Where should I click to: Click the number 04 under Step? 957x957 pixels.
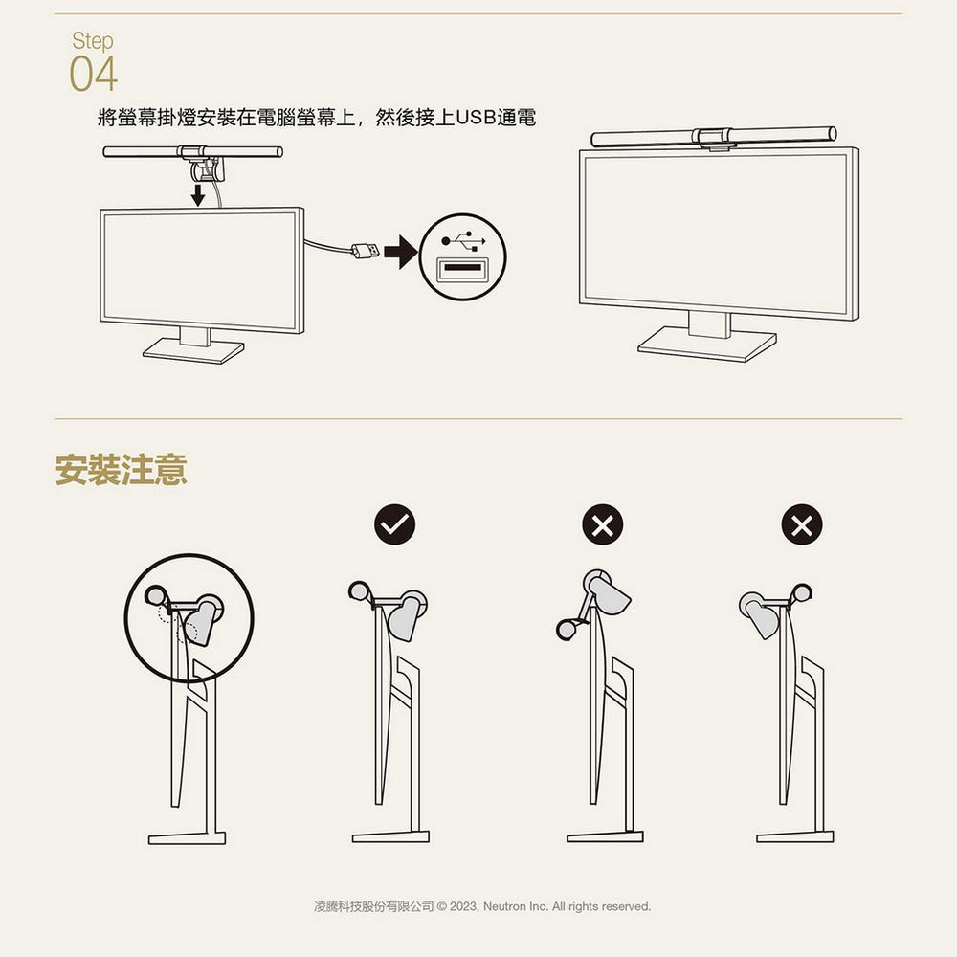[93, 75]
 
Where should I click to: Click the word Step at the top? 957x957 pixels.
[92, 41]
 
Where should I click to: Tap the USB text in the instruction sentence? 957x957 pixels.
[476, 118]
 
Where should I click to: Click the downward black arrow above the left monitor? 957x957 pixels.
[197, 195]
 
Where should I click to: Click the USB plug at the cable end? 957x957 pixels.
[365, 251]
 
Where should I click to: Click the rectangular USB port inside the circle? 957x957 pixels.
[464, 269]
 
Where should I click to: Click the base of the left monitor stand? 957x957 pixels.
[193, 351]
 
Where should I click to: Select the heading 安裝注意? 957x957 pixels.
[121, 471]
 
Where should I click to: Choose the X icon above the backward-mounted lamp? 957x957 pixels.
[802, 524]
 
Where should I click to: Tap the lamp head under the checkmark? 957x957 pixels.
[406, 617]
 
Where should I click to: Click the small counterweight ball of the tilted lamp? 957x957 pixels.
[565, 630]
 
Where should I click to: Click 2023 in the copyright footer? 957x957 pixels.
[462, 905]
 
